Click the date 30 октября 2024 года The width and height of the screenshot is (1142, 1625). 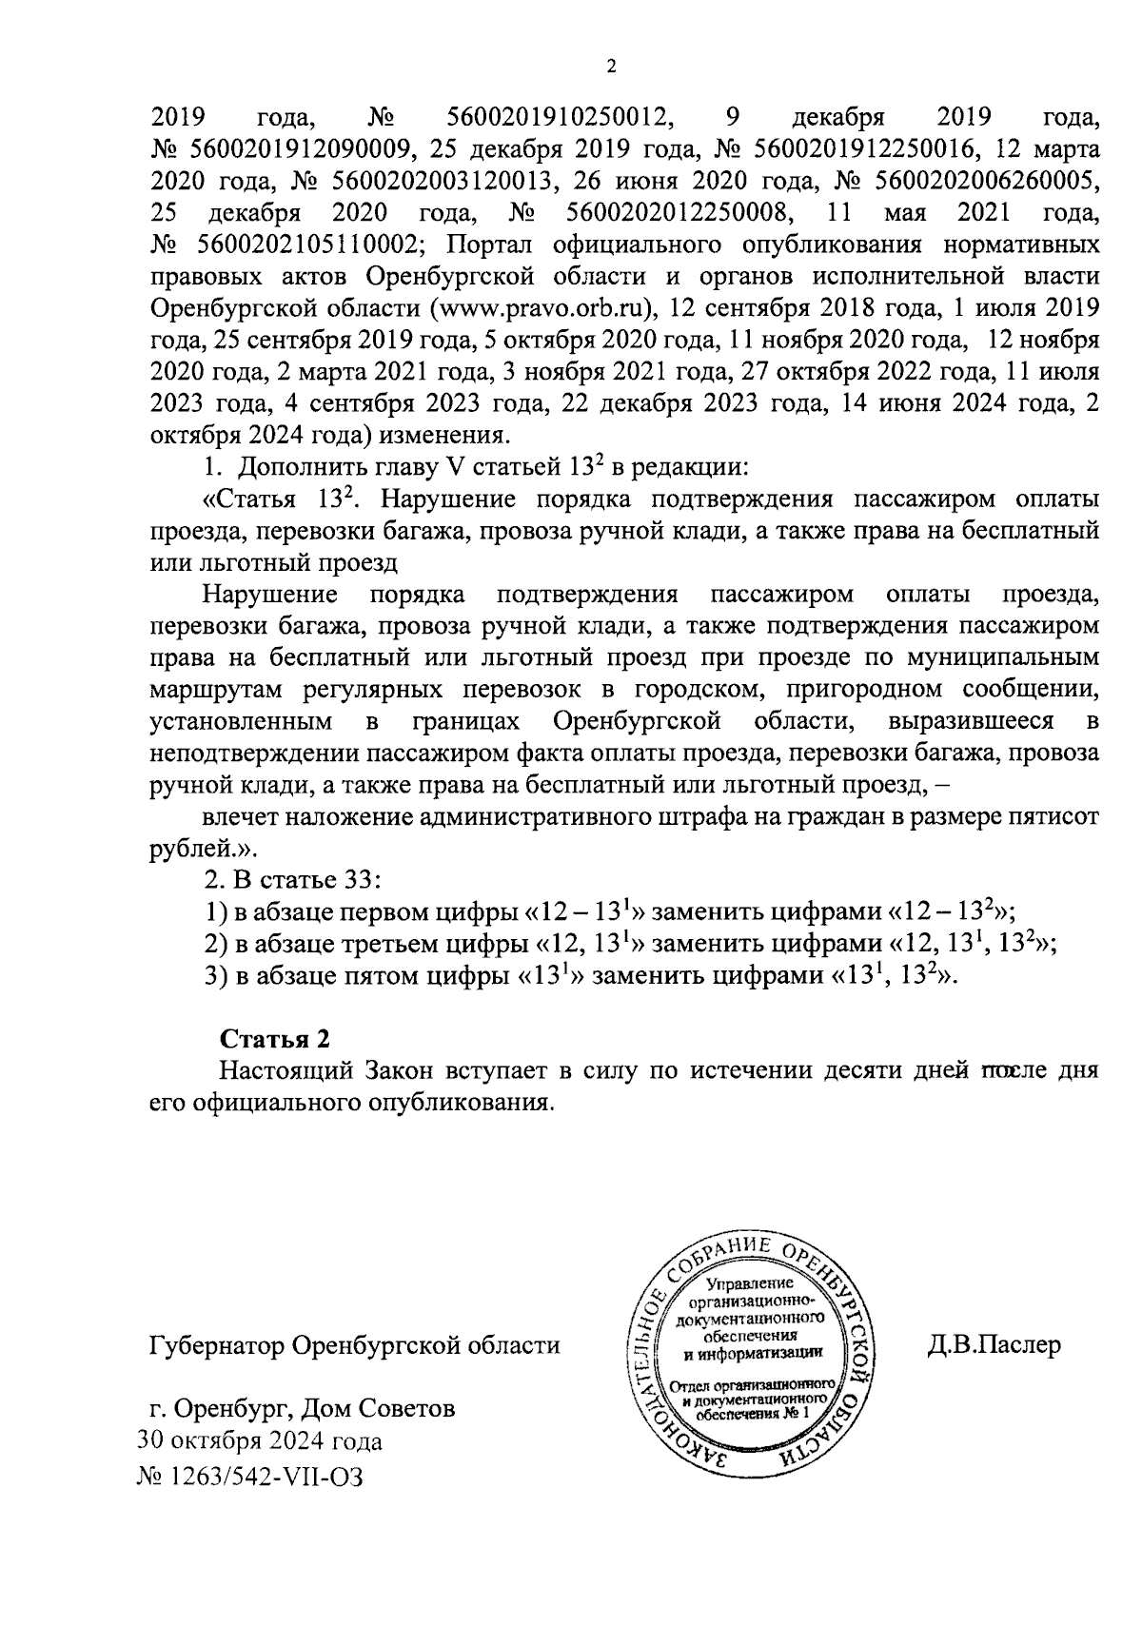pos(261,1441)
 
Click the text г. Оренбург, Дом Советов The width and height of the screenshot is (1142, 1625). pos(297,1408)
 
